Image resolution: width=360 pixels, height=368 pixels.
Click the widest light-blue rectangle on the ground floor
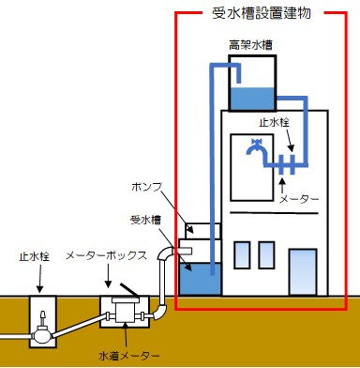(x=303, y=271)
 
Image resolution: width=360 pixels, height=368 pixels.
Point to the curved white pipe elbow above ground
(x=167, y=254)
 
